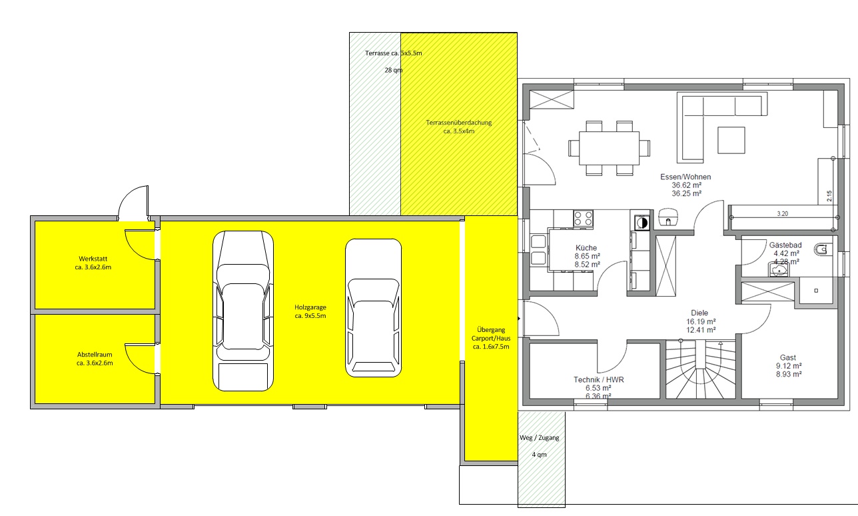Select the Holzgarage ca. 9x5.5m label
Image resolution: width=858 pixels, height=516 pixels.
(310, 311)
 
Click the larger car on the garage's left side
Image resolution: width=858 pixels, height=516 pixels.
(243, 311)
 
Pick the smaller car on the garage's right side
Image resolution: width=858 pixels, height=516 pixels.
(374, 308)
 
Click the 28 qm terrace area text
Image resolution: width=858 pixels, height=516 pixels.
(394, 70)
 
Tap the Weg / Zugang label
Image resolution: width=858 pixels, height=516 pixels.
(540, 438)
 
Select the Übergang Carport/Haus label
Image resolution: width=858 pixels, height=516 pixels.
(491, 338)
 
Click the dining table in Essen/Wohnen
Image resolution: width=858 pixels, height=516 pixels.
(609, 148)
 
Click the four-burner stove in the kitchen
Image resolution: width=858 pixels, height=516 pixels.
(583, 219)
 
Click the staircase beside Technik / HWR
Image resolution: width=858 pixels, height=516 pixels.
(701, 370)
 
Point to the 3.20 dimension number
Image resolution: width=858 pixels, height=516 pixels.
(783, 214)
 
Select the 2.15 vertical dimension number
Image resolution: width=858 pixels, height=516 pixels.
(829, 196)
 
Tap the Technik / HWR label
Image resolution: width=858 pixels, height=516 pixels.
(599, 379)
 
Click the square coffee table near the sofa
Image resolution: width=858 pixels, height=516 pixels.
(731, 140)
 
